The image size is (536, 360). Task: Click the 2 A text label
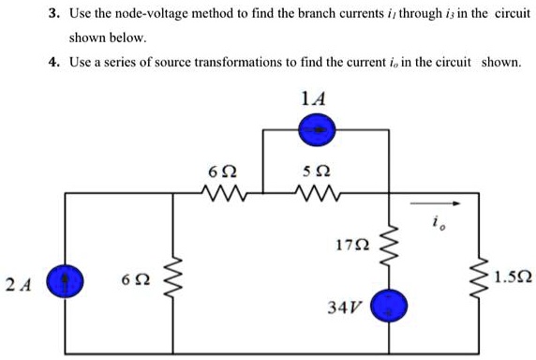(x=15, y=282)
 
